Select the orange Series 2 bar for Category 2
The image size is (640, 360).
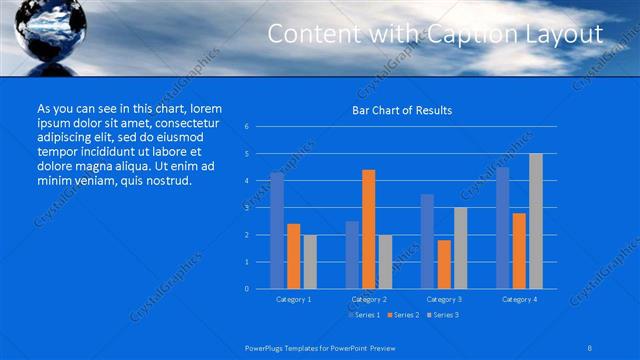[x=368, y=229]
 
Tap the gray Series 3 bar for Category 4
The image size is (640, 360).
[x=535, y=221]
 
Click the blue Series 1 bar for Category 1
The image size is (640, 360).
[x=277, y=230]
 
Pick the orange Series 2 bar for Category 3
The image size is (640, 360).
[x=444, y=264]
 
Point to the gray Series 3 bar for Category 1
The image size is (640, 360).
[x=310, y=261]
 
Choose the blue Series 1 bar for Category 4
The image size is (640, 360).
[x=502, y=227]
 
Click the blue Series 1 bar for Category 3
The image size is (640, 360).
[x=427, y=241]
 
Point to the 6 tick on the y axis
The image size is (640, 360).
[x=246, y=127]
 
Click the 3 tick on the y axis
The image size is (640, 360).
[x=246, y=208]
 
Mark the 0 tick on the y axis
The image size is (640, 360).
[x=246, y=289]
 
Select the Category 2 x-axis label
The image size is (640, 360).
[x=368, y=299]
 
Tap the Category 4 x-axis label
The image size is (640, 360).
[x=518, y=299]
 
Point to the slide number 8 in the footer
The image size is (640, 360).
[x=591, y=346]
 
